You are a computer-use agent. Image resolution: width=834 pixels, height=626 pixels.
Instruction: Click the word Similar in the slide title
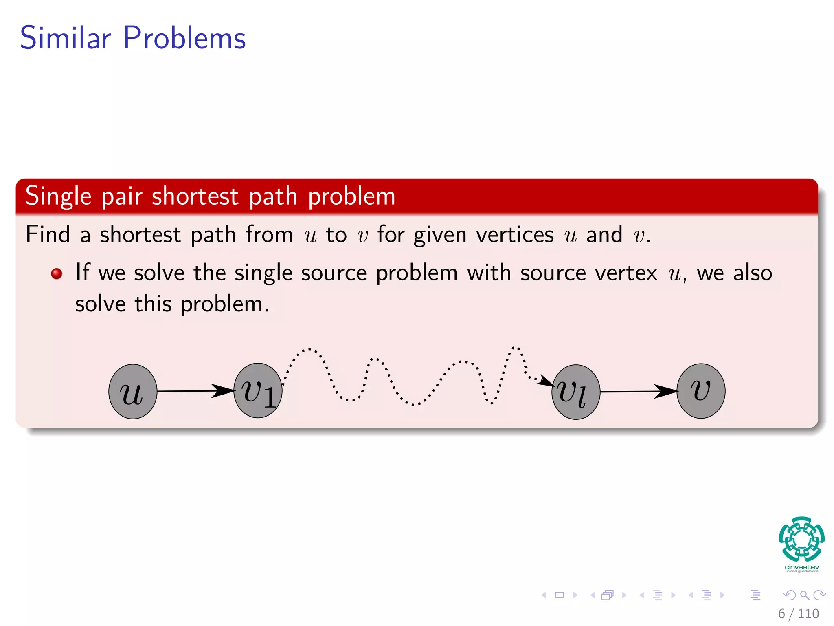pyautogui.click(x=65, y=38)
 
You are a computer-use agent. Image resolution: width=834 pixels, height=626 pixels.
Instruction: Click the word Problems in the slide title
pyautogui.click(x=184, y=38)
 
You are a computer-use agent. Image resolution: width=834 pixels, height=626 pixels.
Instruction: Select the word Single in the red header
pyautogui.click(x=58, y=196)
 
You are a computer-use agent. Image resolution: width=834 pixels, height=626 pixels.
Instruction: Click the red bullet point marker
pyautogui.click(x=57, y=273)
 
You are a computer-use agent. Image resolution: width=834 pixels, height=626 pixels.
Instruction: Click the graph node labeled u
pyautogui.click(x=133, y=392)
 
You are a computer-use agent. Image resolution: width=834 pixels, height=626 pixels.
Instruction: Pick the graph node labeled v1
pyautogui.click(x=258, y=391)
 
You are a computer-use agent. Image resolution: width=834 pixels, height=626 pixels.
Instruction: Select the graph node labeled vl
pyautogui.click(x=575, y=392)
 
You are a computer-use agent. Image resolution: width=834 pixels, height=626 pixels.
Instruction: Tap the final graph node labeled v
pyautogui.click(x=701, y=391)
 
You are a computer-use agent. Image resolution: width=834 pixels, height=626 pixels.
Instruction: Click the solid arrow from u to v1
pyautogui.click(x=195, y=391)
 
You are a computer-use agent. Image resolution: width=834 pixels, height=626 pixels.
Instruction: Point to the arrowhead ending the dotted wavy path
pyautogui.click(x=546, y=381)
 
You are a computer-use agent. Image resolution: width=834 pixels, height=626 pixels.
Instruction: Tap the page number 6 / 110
pyautogui.click(x=798, y=613)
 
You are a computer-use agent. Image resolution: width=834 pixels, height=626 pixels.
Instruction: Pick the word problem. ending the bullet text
pyautogui.click(x=225, y=304)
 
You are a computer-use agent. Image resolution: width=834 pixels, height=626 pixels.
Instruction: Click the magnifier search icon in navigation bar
pyautogui.click(x=804, y=595)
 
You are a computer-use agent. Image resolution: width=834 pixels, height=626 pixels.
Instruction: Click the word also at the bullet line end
pyautogui.click(x=753, y=273)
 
